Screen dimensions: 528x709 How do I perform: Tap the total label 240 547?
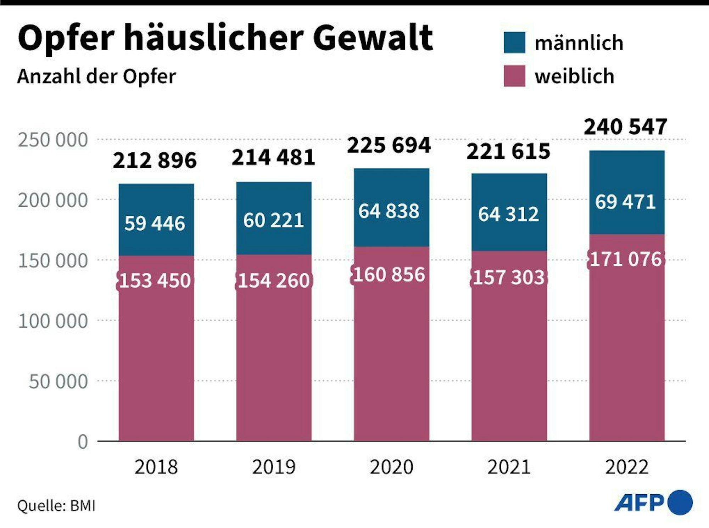pyautogui.click(x=625, y=127)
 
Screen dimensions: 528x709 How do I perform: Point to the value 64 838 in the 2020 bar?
pyautogui.click(x=389, y=211)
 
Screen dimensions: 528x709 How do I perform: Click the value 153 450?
pyautogui.click(x=155, y=281)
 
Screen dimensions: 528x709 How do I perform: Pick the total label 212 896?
pyautogui.click(x=155, y=160)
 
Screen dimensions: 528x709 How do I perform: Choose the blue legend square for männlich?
pyautogui.click(x=514, y=43)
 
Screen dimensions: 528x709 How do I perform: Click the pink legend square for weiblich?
pyautogui.click(x=514, y=76)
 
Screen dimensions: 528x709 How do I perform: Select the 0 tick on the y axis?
pyautogui.click(x=83, y=442)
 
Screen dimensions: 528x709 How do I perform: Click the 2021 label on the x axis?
pyautogui.click(x=509, y=467)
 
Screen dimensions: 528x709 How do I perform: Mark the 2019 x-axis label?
pyautogui.click(x=274, y=467)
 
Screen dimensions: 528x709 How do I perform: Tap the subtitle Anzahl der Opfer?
pyautogui.click(x=96, y=77)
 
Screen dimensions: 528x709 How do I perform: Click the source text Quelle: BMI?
pyautogui.click(x=56, y=506)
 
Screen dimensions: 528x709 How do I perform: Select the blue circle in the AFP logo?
pyautogui.click(x=680, y=502)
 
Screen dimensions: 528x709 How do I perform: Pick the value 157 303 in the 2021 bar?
pyautogui.click(x=509, y=277)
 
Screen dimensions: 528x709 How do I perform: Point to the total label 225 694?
pyautogui.click(x=389, y=145)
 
